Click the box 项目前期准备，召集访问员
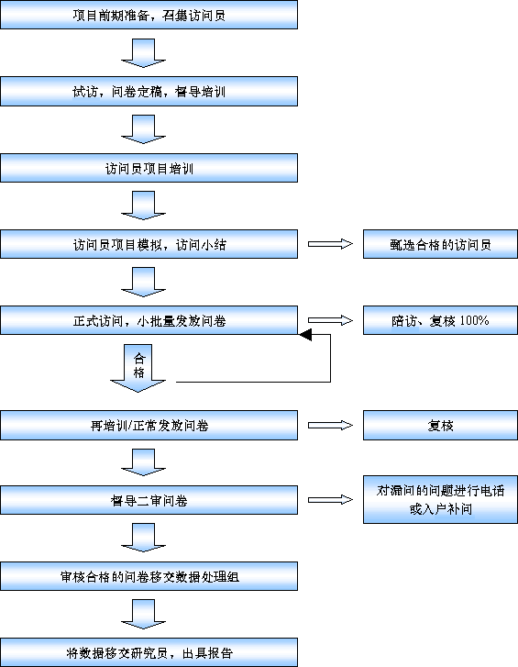(x=149, y=15)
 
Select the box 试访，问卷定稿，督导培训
(x=149, y=92)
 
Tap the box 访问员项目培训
(x=149, y=168)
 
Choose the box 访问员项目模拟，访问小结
(x=149, y=244)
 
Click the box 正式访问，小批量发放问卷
(x=149, y=320)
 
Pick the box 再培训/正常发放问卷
(x=149, y=426)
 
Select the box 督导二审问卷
(x=149, y=500)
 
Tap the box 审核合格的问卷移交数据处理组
(x=149, y=576)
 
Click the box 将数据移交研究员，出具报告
(x=149, y=652)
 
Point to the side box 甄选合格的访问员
(x=440, y=244)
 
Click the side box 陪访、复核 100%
(x=440, y=320)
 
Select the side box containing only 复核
(x=440, y=426)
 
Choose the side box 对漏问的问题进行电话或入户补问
(x=440, y=499)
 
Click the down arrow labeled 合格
(x=138, y=368)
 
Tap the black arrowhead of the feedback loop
(x=305, y=335)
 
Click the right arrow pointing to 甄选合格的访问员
(x=331, y=244)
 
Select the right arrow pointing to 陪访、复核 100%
(x=331, y=320)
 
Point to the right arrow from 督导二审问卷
(x=331, y=500)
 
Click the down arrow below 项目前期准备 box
(x=143, y=53)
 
